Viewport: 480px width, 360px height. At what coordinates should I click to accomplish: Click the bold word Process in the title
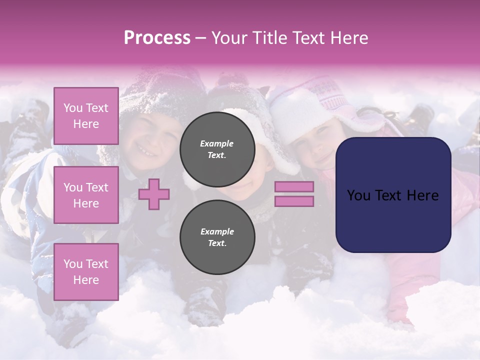(157, 38)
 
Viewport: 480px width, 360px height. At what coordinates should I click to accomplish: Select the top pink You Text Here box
(86, 116)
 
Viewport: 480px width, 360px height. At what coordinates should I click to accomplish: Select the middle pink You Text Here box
(86, 195)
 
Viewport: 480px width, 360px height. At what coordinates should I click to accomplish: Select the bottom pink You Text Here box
(86, 272)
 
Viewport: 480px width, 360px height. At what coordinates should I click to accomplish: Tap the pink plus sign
(154, 194)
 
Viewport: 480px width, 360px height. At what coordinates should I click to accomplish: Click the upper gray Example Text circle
(217, 149)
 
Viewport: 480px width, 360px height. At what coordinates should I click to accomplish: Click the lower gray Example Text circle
(217, 237)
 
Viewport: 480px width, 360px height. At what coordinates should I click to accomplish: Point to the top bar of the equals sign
(294, 186)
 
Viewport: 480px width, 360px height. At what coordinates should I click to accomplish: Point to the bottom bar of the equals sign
(294, 201)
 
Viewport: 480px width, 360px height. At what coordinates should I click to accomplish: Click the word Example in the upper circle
(217, 143)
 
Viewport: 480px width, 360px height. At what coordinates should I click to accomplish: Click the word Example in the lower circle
(217, 231)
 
